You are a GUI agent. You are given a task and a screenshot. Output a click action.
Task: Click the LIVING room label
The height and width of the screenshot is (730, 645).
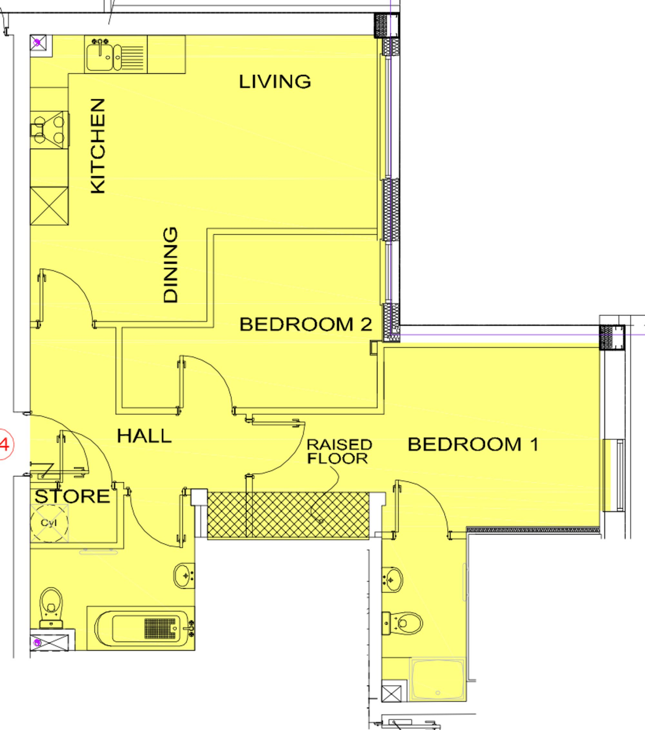click(275, 82)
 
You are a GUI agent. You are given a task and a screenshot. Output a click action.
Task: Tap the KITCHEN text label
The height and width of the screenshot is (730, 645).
click(98, 146)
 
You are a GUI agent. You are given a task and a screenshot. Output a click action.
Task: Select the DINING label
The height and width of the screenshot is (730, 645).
click(170, 265)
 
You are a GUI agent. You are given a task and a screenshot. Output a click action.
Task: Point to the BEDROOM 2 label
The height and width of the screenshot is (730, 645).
click(306, 324)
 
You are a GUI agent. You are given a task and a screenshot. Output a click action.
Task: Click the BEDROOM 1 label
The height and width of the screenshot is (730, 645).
click(473, 444)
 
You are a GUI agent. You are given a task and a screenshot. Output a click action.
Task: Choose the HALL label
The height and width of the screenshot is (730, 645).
click(144, 436)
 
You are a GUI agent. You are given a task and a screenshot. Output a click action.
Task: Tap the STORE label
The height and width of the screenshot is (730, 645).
click(72, 497)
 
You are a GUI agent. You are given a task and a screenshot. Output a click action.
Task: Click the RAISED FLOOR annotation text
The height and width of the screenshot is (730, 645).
click(339, 451)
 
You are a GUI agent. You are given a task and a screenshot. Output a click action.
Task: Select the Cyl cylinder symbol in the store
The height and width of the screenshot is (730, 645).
click(49, 523)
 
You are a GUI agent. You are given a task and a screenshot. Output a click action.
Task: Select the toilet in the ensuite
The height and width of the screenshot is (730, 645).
click(403, 623)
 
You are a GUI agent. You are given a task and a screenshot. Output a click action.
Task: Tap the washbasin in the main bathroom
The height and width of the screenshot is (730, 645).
click(184, 575)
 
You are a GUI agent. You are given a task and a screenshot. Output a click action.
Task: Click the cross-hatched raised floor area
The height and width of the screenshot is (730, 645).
click(288, 514)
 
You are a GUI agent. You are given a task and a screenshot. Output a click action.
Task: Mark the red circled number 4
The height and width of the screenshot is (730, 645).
click(4, 445)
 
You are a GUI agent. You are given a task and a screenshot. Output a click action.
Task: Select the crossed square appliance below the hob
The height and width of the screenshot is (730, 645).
click(49, 206)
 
